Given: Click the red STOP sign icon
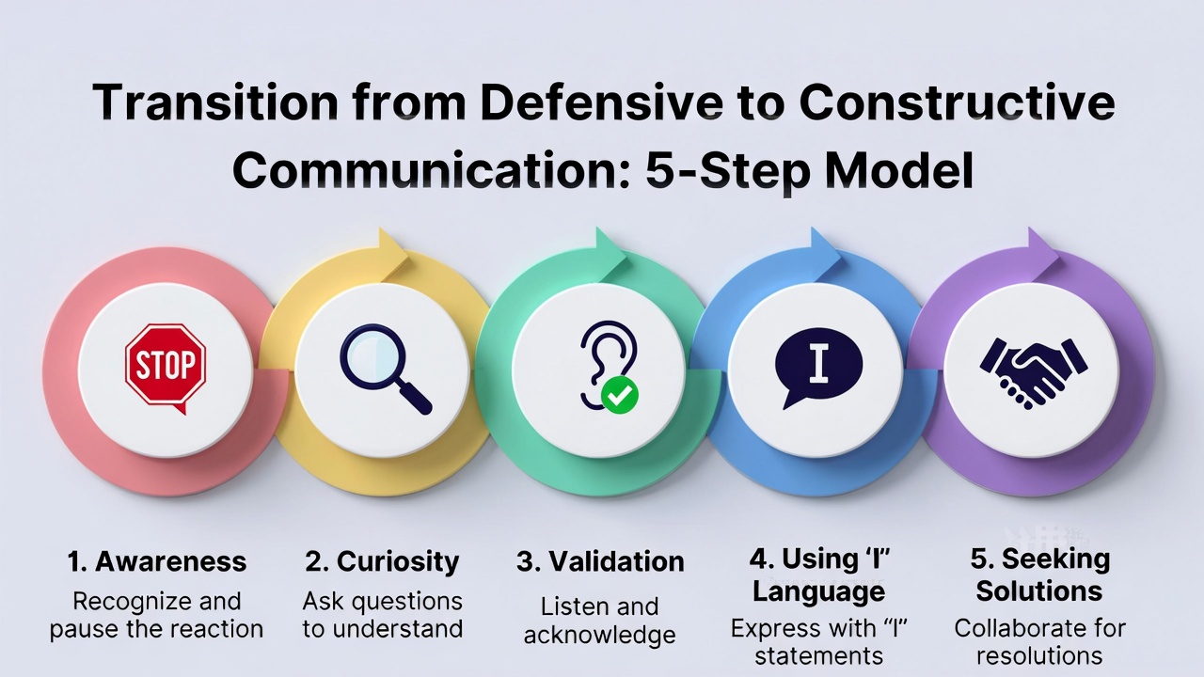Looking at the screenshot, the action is (166, 367).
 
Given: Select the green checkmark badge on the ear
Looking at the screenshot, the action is (620, 395).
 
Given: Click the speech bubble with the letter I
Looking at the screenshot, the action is (818, 367).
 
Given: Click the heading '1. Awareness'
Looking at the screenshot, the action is (157, 562).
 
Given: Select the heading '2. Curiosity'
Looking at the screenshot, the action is (382, 562).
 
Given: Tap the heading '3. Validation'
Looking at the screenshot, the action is (600, 562).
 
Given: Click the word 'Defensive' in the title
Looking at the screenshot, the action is (601, 102).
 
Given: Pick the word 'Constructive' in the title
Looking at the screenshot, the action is (957, 102).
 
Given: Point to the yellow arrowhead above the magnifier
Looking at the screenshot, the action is (392, 253).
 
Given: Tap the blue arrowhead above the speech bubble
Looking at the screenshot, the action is (825, 253).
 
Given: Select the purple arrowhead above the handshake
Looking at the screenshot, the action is (1042, 253).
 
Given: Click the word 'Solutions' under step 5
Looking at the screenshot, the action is (1039, 591).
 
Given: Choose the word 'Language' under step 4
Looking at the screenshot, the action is (818, 592).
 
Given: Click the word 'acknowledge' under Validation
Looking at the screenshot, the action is (600, 636).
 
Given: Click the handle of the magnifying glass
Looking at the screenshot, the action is (416, 400).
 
